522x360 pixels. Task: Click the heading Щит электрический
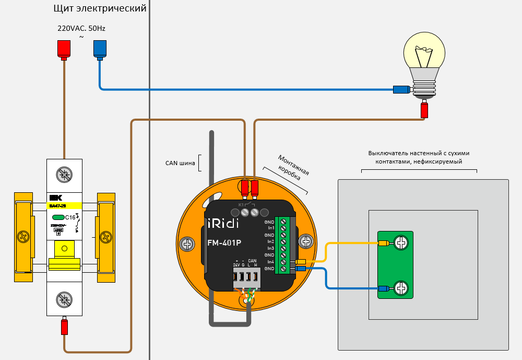pyautogui.click(x=100, y=9)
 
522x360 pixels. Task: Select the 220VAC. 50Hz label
pyautogui.click(x=85, y=29)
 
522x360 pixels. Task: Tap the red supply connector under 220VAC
pyautogui.click(x=64, y=49)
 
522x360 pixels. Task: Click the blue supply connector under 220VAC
pyautogui.click(x=99, y=49)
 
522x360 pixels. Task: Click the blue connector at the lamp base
pyautogui.click(x=401, y=89)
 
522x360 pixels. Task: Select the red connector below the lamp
pyautogui.click(x=424, y=110)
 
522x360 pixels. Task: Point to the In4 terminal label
pyautogui.click(x=270, y=262)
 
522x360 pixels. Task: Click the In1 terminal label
pyautogui.click(x=270, y=228)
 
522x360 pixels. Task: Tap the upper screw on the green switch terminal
pyautogui.click(x=401, y=243)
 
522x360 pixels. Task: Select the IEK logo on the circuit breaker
pyautogui.click(x=55, y=198)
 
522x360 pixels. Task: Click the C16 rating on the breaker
pyautogui.click(x=70, y=217)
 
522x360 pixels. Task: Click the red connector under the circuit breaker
pyautogui.click(x=64, y=327)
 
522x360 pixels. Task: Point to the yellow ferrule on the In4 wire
pyautogui.click(x=301, y=262)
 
